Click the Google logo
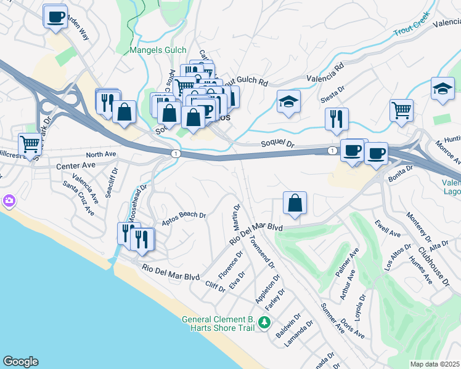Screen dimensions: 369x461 click(x=20, y=362)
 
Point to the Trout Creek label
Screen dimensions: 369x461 click(x=412, y=31)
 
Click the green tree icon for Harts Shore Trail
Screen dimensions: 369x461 click(x=264, y=322)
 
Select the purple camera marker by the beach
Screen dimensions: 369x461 click(x=9, y=200)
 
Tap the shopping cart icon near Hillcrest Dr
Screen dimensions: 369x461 click(x=30, y=145)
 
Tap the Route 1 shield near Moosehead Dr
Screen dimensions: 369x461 click(x=176, y=154)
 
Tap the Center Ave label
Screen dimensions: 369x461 click(x=76, y=166)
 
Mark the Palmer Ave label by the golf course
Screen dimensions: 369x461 click(x=348, y=263)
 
